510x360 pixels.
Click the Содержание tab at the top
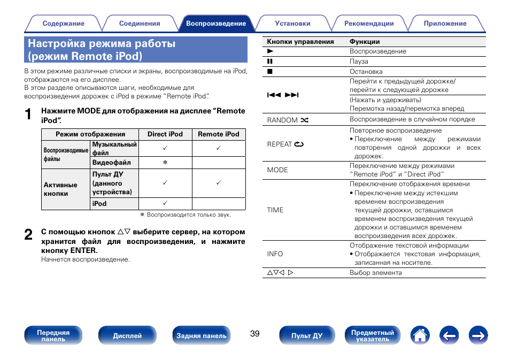63,24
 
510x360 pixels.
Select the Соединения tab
140,24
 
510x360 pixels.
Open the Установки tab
292,24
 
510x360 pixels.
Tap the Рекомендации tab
369,24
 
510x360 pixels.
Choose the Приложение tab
445,24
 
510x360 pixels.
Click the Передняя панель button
53,335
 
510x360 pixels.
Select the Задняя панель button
202,335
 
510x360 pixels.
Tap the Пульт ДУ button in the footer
307,335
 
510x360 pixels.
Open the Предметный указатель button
372,335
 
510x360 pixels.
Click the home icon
420,335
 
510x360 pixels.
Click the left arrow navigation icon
449,335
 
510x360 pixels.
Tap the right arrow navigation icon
478,335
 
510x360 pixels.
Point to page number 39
254,334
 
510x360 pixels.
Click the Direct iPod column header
165,134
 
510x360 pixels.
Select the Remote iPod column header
219,134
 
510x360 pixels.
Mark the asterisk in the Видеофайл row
165,162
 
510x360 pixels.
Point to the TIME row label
275,210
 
